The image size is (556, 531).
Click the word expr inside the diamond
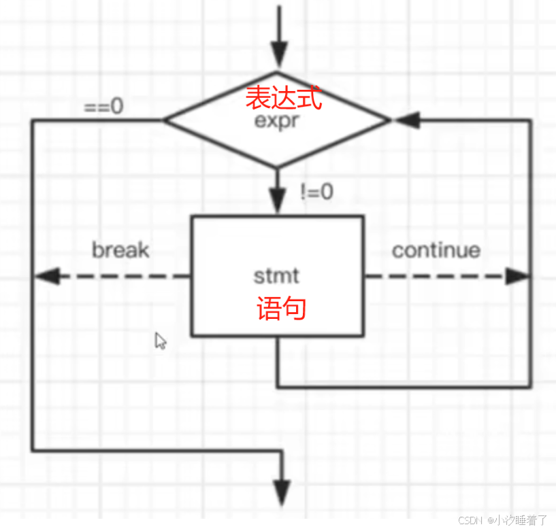pyautogui.click(x=277, y=122)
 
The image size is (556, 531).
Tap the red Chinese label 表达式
pyautogui.click(x=282, y=99)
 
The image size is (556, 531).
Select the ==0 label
pyautogui.click(x=103, y=107)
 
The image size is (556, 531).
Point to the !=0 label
pyautogui.click(x=316, y=192)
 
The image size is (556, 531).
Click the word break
pyautogui.click(x=120, y=250)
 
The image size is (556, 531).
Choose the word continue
pyautogui.click(x=436, y=250)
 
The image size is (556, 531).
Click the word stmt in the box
pyautogui.click(x=276, y=277)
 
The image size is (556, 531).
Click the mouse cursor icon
pyautogui.click(x=161, y=341)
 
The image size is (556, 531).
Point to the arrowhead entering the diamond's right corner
pyautogui.click(x=404, y=120)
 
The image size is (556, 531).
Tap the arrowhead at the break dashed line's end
pyautogui.click(x=45, y=276)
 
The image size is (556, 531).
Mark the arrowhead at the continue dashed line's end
pyautogui.click(x=517, y=276)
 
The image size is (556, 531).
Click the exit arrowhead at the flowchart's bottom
pyautogui.click(x=281, y=491)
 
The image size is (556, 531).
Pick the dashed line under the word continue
pyautogui.click(x=436, y=276)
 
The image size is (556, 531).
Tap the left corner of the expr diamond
pyautogui.click(x=165, y=120)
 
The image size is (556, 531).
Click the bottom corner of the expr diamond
pyautogui.click(x=277, y=167)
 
